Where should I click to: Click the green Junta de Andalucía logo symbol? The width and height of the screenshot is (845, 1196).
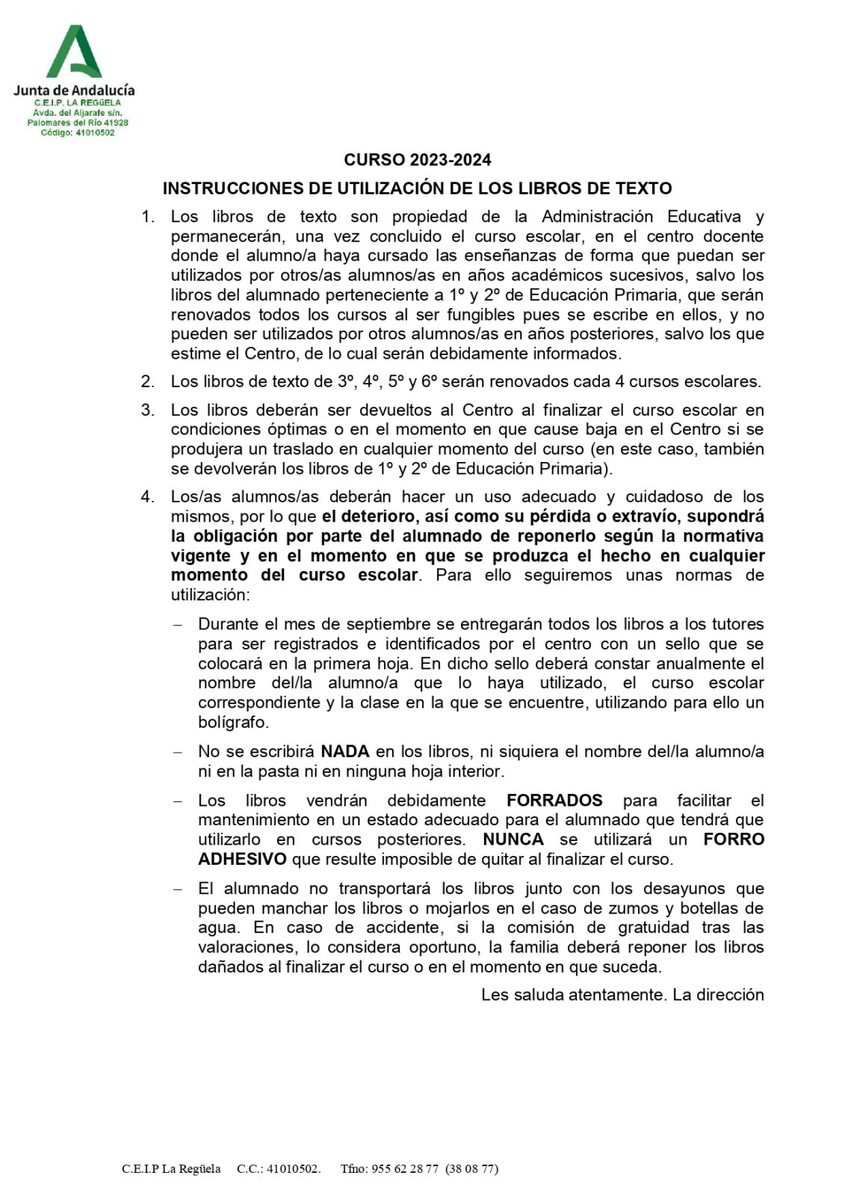click(x=74, y=52)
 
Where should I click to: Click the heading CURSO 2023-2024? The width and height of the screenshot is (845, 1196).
click(x=417, y=159)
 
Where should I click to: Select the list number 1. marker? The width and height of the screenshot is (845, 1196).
click(x=148, y=217)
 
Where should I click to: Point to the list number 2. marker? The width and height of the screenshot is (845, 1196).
click(x=148, y=381)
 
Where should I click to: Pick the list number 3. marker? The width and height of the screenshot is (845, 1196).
click(x=148, y=410)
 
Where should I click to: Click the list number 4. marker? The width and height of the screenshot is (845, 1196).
click(x=148, y=496)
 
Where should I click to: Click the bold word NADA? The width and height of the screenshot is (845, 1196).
click(x=345, y=751)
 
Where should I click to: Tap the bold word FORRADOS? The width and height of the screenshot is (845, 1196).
click(x=554, y=801)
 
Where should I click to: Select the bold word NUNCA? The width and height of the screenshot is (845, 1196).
click(x=513, y=839)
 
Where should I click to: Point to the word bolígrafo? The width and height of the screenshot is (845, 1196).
click(x=233, y=722)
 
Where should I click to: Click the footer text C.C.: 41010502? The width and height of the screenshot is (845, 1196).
click(x=278, y=1169)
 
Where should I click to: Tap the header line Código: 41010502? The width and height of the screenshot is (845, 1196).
click(x=78, y=133)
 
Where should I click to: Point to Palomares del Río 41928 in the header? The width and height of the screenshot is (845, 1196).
click(x=78, y=123)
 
